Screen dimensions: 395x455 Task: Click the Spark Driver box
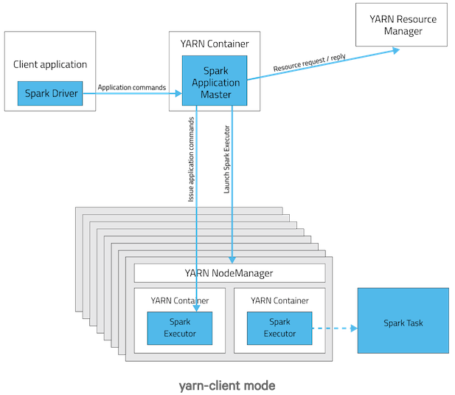(x=51, y=94)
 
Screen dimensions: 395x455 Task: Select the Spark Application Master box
(x=215, y=83)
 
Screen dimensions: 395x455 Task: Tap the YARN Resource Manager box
(x=403, y=25)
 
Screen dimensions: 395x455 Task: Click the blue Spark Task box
(x=403, y=323)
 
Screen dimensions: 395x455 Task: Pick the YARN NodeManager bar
(x=229, y=273)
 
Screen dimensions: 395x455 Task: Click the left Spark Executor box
(x=179, y=327)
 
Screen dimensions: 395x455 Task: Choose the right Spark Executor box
(x=279, y=327)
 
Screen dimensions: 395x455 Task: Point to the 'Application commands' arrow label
(x=132, y=87)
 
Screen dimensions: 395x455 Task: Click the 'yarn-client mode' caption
(x=227, y=385)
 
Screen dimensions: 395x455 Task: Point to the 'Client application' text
(x=50, y=65)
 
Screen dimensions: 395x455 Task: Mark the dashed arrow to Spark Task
(x=333, y=327)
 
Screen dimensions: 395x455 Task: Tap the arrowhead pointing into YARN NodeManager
(x=232, y=260)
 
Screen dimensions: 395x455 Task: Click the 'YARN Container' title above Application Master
(x=215, y=44)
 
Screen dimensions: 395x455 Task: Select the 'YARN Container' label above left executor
(x=179, y=300)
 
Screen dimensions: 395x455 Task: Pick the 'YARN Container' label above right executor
(x=279, y=300)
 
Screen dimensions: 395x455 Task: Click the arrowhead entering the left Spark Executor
(x=197, y=308)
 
